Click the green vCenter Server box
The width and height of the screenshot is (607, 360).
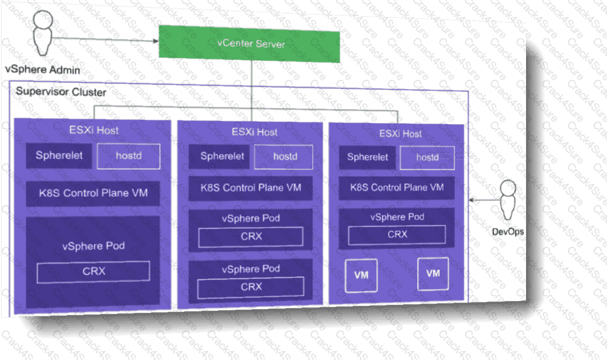[249, 44]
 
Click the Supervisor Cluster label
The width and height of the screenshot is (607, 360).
[61, 92]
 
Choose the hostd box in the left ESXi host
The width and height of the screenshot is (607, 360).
[129, 157]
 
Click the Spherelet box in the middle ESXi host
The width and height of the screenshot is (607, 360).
[222, 156]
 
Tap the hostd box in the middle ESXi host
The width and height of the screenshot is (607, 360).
[285, 157]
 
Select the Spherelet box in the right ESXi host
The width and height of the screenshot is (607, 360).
[367, 157]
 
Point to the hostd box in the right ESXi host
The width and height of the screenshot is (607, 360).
[427, 158]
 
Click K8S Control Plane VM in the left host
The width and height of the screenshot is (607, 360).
[93, 193]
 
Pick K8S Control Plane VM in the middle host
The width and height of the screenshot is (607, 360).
[250, 188]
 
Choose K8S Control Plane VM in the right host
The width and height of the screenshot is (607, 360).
[397, 188]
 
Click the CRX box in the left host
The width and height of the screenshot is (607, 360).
[93, 271]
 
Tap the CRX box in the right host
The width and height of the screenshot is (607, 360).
[397, 234]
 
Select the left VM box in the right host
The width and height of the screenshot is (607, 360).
[361, 275]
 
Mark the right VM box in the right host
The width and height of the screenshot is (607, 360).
[433, 274]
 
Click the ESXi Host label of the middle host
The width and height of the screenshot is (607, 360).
[255, 132]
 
